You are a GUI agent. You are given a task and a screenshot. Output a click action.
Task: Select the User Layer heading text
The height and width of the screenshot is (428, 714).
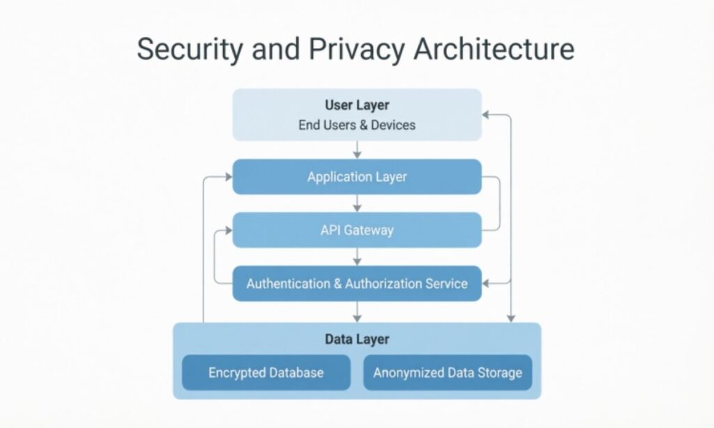pyautogui.click(x=357, y=106)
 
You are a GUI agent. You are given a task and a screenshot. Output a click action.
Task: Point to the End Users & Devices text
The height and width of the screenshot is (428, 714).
pyautogui.click(x=357, y=125)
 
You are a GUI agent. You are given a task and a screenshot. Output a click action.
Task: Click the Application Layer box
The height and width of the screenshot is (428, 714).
pyautogui.click(x=357, y=177)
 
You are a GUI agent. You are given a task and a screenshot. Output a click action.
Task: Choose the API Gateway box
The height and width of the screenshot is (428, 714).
pyautogui.click(x=357, y=230)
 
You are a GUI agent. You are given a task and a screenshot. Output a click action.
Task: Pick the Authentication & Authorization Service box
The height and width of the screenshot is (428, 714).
pyautogui.click(x=357, y=284)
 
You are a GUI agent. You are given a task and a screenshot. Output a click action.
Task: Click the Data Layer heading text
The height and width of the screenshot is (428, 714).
pyautogui.click(x=357, y=339)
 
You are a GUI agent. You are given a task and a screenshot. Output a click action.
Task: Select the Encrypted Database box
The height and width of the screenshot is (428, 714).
pyautogui.click(x=266, y=373)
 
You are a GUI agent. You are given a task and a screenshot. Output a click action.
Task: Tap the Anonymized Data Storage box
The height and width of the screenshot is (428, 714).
pyautogui.click(x=448, y=373)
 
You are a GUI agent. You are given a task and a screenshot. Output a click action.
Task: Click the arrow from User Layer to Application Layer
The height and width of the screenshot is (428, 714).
pyautogui.click(x=357, y=150)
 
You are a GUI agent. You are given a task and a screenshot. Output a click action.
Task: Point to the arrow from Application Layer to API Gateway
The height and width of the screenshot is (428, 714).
pyautogui.click(x=357, y=204)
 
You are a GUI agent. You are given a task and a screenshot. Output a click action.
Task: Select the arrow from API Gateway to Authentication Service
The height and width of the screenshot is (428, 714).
pyautogui.click(x=357, y=257)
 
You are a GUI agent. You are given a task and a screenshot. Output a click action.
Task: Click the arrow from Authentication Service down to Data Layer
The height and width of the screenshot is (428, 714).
pyautogui.click(x=357, y=312)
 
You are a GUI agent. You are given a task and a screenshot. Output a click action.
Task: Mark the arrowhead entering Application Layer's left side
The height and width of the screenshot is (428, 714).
pyautogui.click(x=227, y=177)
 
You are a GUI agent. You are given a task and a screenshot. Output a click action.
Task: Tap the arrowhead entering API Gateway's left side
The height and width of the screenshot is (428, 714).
pyautogui.click(x=227, y=230)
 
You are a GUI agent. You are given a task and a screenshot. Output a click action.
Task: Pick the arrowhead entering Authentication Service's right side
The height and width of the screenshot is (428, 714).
pyautogui.click(x=487, y=284)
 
